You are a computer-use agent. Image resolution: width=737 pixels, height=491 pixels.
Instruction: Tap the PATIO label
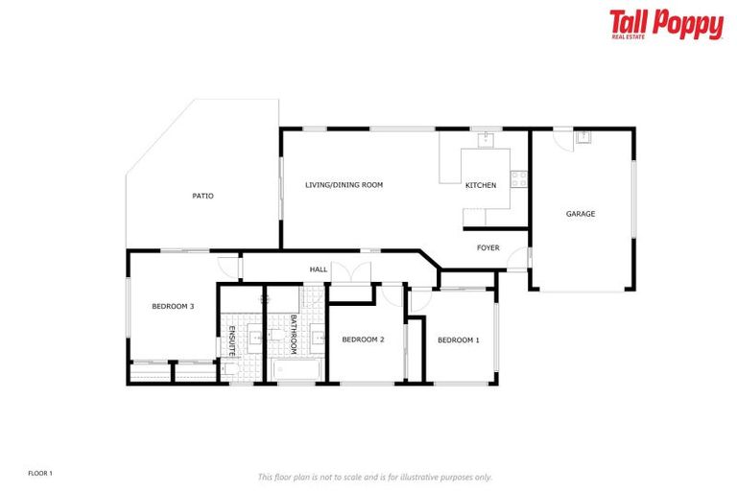click(202, 196)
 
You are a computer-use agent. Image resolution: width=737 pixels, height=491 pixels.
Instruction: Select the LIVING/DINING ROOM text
click(344, 184)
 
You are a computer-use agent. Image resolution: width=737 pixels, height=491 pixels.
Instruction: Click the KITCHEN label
click(481, 185)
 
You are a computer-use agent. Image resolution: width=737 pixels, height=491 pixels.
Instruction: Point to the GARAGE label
click(580, 214)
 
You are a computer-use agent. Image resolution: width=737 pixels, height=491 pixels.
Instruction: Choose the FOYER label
click(488, 248)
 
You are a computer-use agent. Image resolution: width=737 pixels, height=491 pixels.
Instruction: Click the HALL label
click(319, 269)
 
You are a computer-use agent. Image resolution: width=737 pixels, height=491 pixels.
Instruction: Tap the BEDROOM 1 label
click(458, 339)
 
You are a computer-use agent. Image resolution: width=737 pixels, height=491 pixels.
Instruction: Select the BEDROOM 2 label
click(363, 339)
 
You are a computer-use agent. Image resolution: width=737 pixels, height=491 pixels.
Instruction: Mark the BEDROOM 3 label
click(173, 307)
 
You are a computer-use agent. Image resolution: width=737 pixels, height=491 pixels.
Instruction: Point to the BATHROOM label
click(294, 336)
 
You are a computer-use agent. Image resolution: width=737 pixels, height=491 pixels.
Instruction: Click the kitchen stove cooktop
click(519, 177)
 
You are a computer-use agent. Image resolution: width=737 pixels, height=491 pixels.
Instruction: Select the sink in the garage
click(582, 137)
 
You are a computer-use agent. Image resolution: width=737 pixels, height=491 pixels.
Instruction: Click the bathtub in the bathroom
click(295, 370)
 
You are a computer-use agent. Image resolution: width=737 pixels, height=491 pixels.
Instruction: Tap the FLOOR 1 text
click(40, 473)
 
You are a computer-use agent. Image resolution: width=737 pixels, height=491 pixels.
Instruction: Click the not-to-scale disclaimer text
click(374, 477)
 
